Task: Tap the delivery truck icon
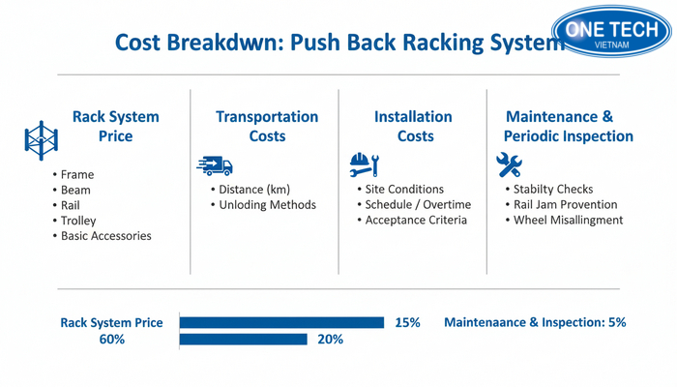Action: pyautogui.click(x=214, y=165)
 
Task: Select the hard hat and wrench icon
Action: pyautogui.click(x=364, y=164)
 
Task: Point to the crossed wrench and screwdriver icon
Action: pyautogui.click(x=509, y=164)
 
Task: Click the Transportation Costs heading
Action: pyautogui.click(x=267, y=126)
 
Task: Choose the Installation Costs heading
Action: pyautogui.click(x=413, y=126)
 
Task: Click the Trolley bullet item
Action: pyautogui.click(x=78, y=221)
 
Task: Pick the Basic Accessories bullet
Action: pyautogui.click(x=105, y=236)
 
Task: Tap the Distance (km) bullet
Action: pyautogui.click(x=254, y=190)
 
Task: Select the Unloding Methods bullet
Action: pyautogui.click(x=267, y=205)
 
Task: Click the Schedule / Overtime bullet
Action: pyautogui.click(x=418, y=205)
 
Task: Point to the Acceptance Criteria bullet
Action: pyautogui.click(x=416, y=221)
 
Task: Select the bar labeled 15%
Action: pyautogui.click(x=281, y=322)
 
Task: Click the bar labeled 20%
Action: pyautogui.click(x=243, y=340)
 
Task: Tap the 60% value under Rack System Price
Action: pyautogui.click(x=112, y=340)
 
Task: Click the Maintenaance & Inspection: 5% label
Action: pyautogui.click(x=535, y=322)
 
